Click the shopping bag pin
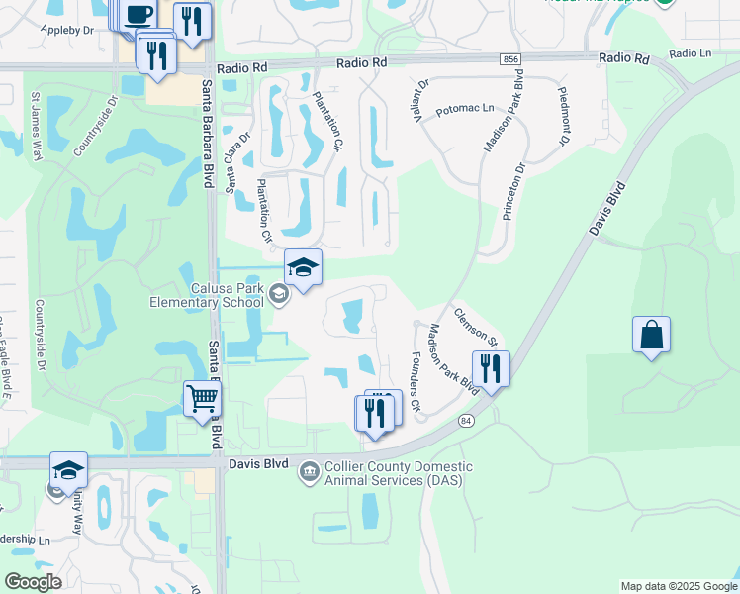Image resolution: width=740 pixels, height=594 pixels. [x=651, y=335]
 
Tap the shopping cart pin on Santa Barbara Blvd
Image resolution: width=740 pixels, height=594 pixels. [x=202, y=399]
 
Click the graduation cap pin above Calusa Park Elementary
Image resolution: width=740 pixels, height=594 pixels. [x=303, y=267]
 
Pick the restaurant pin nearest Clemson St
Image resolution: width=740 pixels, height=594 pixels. [x=491, y=369]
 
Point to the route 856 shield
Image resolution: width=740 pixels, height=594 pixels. [x=510, y=59]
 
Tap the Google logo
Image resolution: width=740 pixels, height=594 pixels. [x=33, y=582]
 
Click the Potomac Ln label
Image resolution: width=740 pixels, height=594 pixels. [x=464, y=110]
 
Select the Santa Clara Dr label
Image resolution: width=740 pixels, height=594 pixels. [x=239, y=160]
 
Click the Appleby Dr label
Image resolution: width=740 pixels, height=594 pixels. [x=67, y=31]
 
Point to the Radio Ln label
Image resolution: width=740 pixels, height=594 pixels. [x=690, y=53]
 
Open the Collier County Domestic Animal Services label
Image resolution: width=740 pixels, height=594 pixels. [x=399, y=473]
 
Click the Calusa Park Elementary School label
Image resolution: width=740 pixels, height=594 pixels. [x=207, y=295]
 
